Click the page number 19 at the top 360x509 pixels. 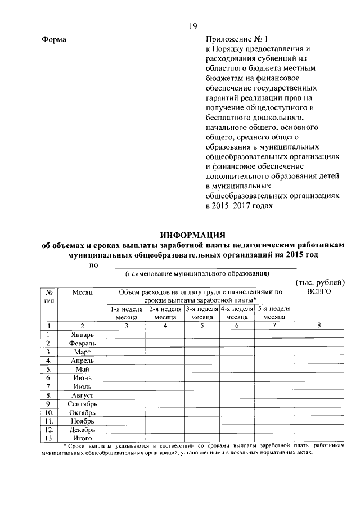192,26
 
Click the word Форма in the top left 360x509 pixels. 54,40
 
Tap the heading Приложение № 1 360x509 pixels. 238,40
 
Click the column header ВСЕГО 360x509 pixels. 319,292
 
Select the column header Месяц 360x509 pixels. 82,292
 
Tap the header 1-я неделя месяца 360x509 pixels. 127,313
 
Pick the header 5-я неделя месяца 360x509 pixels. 274,313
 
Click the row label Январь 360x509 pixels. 82,335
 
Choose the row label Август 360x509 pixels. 82,395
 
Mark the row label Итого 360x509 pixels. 82,438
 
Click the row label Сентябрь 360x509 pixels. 82,404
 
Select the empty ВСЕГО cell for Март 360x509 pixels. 319,352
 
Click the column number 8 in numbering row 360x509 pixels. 319,326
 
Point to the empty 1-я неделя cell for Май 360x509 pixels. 127,369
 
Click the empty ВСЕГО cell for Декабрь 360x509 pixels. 319,429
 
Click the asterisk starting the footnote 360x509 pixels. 65,445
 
